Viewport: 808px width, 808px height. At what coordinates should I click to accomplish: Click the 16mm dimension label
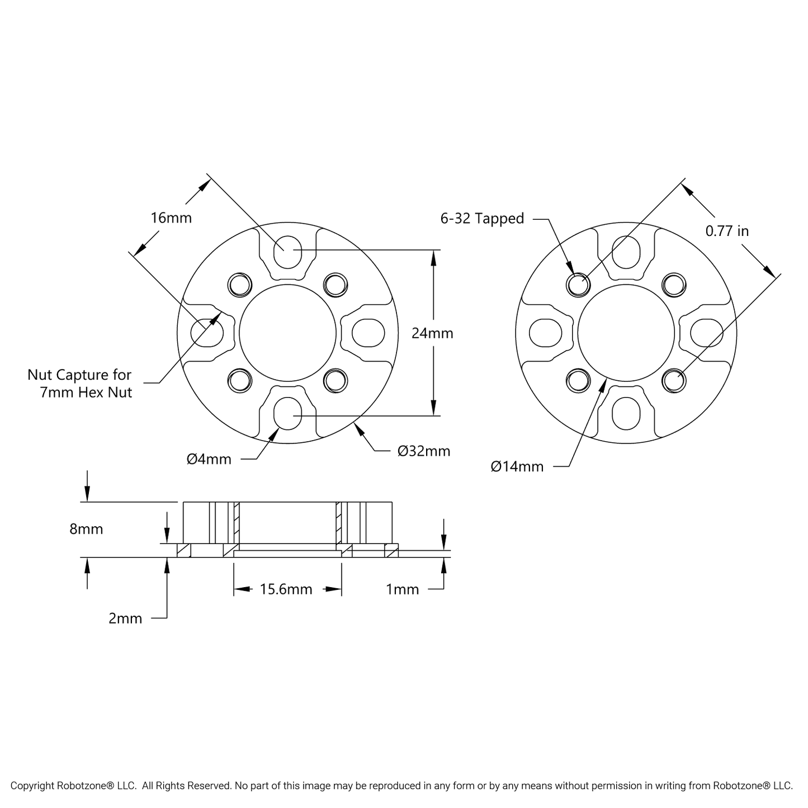tap(171, 218)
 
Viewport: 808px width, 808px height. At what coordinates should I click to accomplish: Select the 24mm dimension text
tap(432, 333)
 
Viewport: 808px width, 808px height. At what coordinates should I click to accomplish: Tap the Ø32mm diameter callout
tap(423, 451)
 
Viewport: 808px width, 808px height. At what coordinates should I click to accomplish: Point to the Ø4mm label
tap(209, 460)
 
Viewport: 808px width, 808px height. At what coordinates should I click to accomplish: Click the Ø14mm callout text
tap(517, 466)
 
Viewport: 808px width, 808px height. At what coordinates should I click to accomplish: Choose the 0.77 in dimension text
tap(726, 231)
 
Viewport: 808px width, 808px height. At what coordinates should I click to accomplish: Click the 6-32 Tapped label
tap(482, 219)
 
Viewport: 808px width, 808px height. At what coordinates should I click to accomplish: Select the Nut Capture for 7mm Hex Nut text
tap(80, 384)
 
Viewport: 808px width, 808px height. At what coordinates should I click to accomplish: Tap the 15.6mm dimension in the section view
tap(286, 589)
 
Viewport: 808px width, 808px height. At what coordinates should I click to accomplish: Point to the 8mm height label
tap(86, 529)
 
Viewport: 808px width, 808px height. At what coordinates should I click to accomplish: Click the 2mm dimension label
tap(125, 618)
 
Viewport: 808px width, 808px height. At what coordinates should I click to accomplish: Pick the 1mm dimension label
tap(402, 589)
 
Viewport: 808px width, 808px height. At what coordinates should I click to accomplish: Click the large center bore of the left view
tap(287, 333)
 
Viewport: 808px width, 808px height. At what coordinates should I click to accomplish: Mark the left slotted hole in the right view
tap(544, 333)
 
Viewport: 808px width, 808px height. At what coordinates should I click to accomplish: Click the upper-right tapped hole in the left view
tap(335, 285)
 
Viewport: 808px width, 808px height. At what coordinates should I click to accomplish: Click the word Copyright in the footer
tap(32, 786)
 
